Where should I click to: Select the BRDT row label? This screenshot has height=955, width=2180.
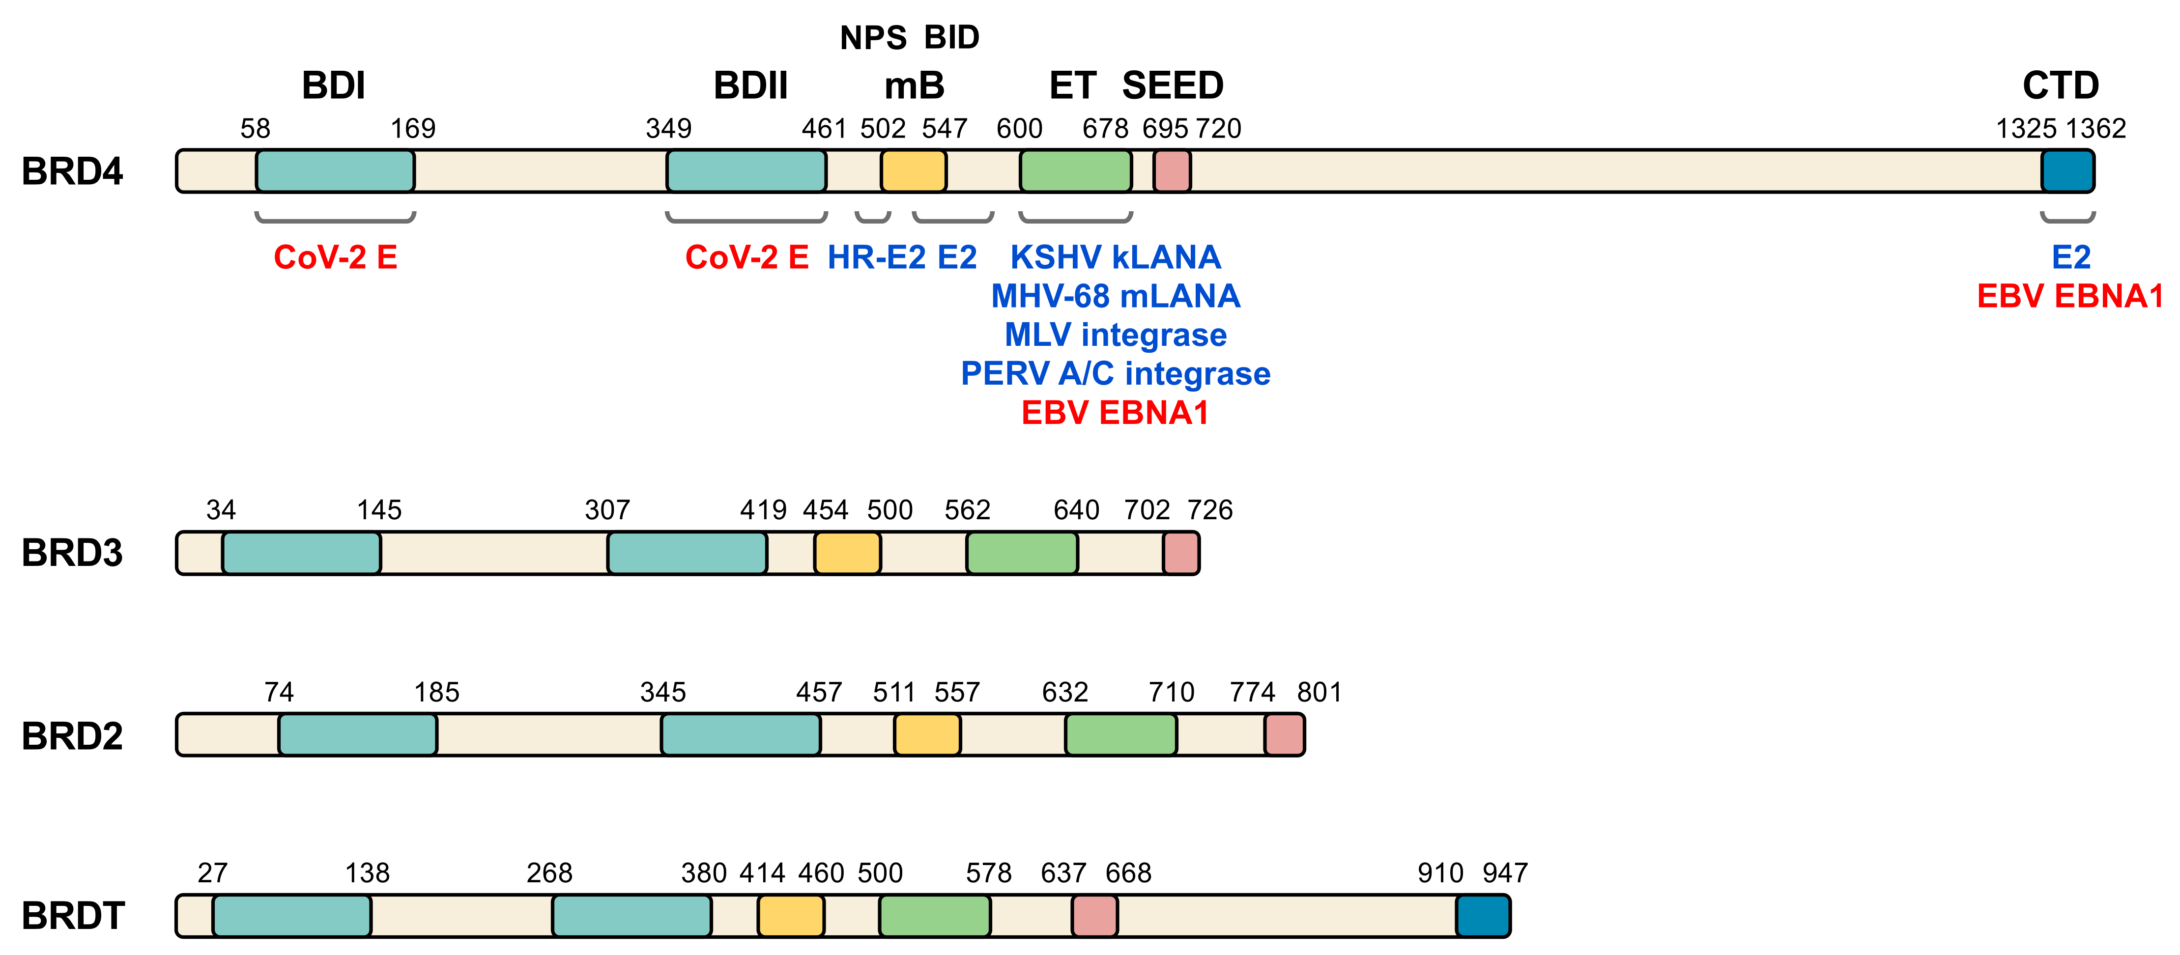(73, 916)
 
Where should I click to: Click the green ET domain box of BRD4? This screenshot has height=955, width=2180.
(1076, 172)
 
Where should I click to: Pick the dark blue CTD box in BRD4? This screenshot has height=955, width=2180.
(2067, 172)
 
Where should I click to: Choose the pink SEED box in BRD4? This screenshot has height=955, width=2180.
(1172, 172)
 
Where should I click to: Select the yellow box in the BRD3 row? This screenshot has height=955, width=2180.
(847, 553)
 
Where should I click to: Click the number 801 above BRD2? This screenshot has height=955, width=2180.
(1319, 693)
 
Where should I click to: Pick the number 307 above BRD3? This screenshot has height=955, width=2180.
(607, 510)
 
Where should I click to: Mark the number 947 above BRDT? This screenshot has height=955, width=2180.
(1505, 873)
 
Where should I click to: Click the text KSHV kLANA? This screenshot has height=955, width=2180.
(1116, 257)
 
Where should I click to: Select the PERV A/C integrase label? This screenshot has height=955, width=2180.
(1116, 374)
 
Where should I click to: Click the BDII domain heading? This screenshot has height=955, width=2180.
(750, 85)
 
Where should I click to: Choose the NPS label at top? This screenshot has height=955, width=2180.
(872, 38)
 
